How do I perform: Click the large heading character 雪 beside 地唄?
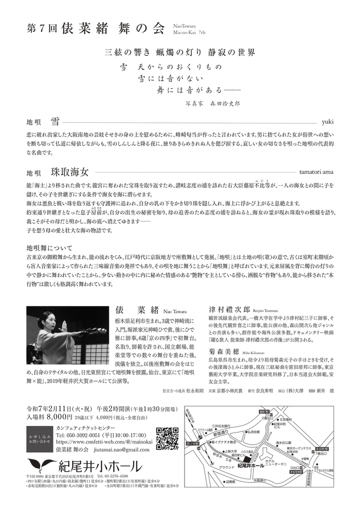55,120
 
